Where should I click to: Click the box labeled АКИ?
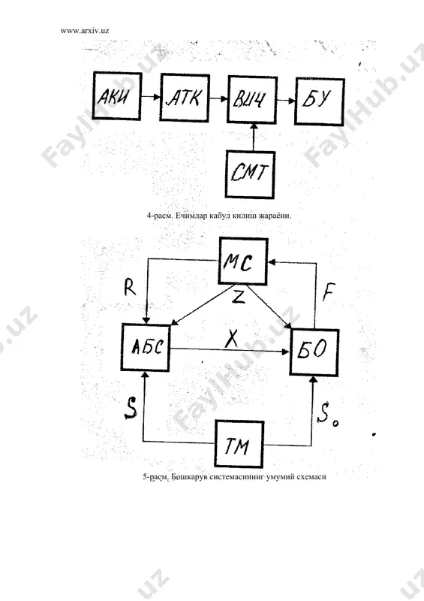point(117,96)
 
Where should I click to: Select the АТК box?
point(185,98)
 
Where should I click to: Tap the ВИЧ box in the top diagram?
point(252,99)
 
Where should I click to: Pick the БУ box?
point(320,101)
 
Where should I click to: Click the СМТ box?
point(250,174)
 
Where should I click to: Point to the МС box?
point(243,261)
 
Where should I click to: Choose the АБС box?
point(146,347)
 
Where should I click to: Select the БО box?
point(314,352)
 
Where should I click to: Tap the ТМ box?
point(239,444)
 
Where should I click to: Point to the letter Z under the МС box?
point(238,296)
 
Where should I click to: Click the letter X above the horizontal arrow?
point(231,339)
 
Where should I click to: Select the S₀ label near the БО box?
point(327,417)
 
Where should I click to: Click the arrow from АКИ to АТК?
point(151,97)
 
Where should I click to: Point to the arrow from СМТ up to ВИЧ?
point(253,137)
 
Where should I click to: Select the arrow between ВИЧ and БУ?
point(286,101)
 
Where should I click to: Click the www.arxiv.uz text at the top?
point(85,31)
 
